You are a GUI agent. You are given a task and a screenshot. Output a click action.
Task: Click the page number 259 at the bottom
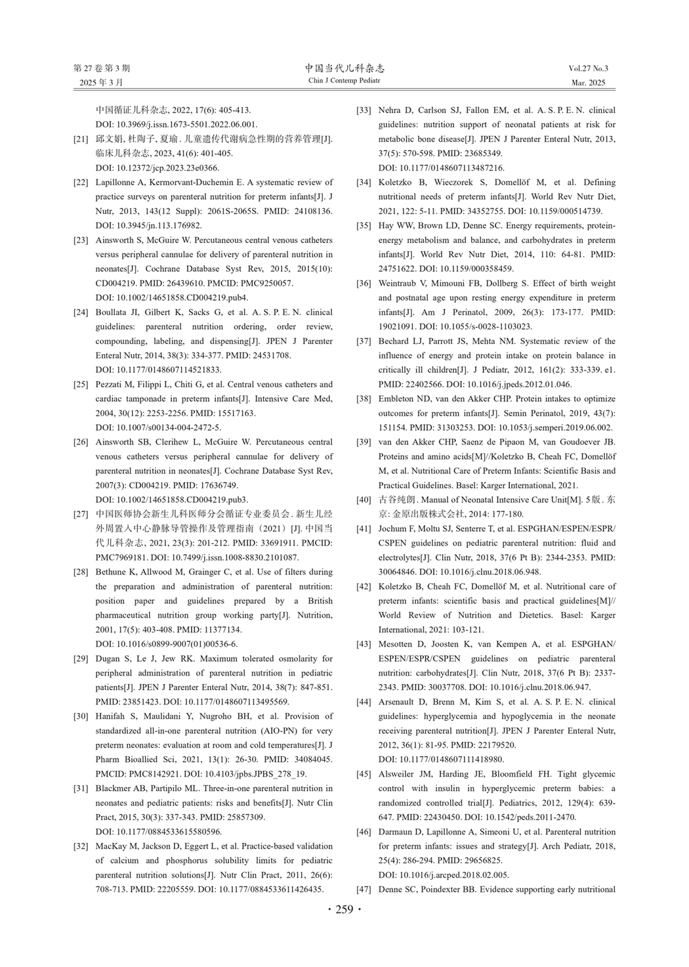[x=344, y=909]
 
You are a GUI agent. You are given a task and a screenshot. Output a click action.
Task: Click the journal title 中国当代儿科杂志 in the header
[x=344, y=68]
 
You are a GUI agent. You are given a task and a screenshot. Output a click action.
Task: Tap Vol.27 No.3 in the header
[x=588, y=68]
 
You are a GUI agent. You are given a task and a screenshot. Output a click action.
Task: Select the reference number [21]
[x=81, y=139]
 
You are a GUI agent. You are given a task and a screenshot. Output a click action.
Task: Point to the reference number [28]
[x=81, y=572]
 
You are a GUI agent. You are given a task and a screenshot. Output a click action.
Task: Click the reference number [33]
[x=364, y=110]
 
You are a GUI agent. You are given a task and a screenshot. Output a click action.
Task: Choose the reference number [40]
[x=364, y=500]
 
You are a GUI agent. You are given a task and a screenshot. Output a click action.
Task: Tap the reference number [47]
[x=364, y=890]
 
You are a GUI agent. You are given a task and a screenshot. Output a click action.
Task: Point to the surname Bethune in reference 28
[x=112, y=572]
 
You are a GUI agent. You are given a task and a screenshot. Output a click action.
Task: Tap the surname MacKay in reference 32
[x=111, y=847]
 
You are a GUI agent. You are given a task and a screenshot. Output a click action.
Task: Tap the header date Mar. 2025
[x=588, y=83]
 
